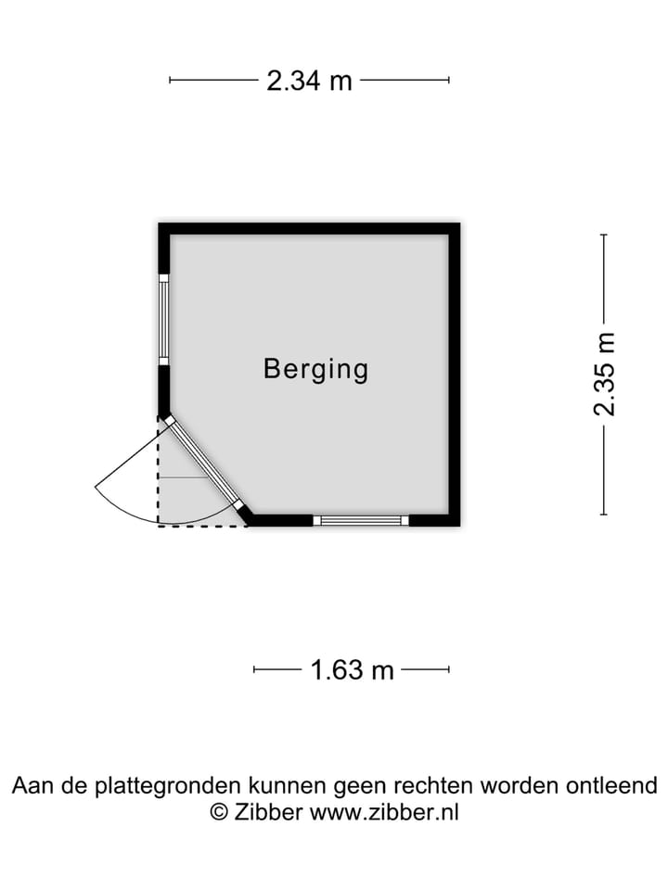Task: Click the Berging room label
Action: coord(315,369)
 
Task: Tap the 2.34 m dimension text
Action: coord(310,81)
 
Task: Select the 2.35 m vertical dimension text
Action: coord(605,374)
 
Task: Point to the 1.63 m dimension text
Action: coord(352,669)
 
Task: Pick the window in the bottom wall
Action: coord(361,520)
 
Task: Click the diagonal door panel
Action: coord(204,463)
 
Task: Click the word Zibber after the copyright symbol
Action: coord(268,812)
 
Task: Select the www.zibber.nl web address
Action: coord(383,812)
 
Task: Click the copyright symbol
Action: coord(219,812)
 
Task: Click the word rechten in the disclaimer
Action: coord(434,786)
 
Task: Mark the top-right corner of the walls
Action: coord(455,228)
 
